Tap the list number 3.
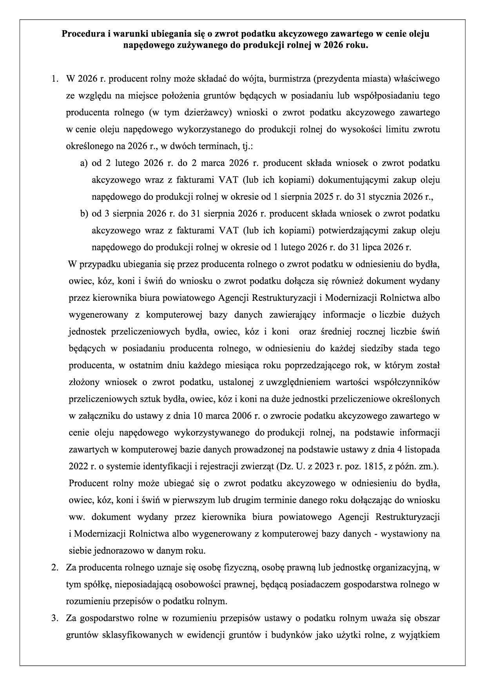pyautogui.click(x=55, y=618)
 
